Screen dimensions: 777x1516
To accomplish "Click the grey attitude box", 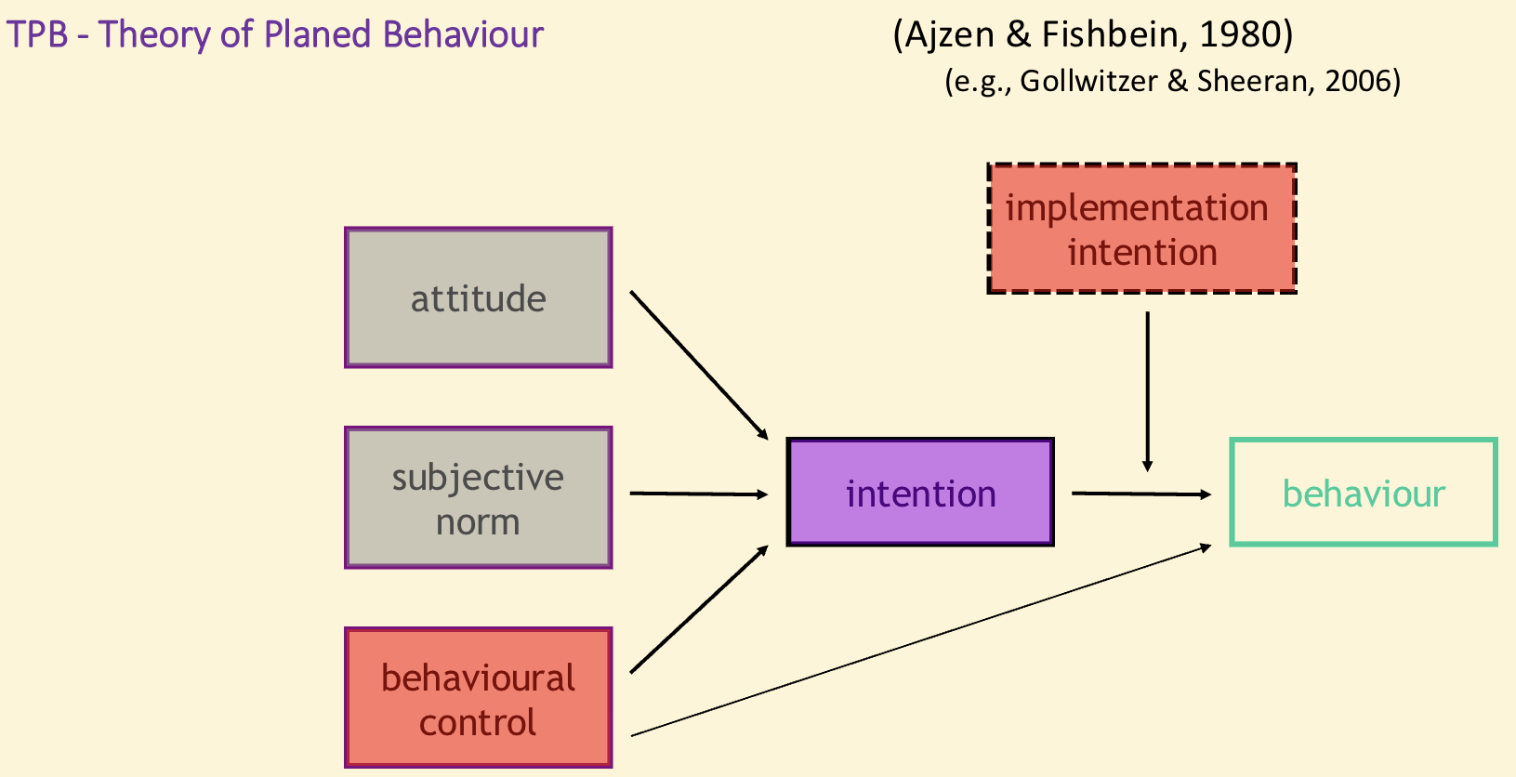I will pyautogui.click(x=478, y=297).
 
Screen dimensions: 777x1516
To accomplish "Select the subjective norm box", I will pyautogui.click(x=478, y=497).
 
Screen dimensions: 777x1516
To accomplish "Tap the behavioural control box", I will pyautogui.click(x=478, y=698).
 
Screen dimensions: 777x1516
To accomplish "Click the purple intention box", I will pyautogui.click(x=920, y=492).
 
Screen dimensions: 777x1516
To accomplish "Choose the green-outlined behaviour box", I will pyautogui.click(x=1363, y=492).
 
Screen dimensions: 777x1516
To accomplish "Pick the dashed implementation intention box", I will pyautogui.click(x=1141, y=229).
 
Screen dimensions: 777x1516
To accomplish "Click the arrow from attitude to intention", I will pyautogui.click(x=699, y=364).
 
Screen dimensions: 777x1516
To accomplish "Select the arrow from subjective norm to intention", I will pyautogui.click(x=699, y=494).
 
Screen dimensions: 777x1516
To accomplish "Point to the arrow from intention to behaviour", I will pyautogui.click(x=1141, y=494).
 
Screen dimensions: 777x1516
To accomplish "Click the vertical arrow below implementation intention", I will pyautogui.click(x=1148, y=390).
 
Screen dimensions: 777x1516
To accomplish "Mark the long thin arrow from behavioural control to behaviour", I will pyautogui.click(x=920, y=640).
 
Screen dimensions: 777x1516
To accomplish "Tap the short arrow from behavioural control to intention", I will pyautogui.click(x=699, y=609).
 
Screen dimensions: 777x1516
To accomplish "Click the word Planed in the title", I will pyautogui.click(x=319, y=34).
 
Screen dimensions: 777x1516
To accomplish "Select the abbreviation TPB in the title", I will pyautogui.click(x=37, y=34).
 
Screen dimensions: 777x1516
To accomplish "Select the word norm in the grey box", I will pyautogui.click(x=478, y=522).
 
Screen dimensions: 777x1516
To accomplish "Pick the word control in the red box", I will pyautogui.click(x=478, y=722).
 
